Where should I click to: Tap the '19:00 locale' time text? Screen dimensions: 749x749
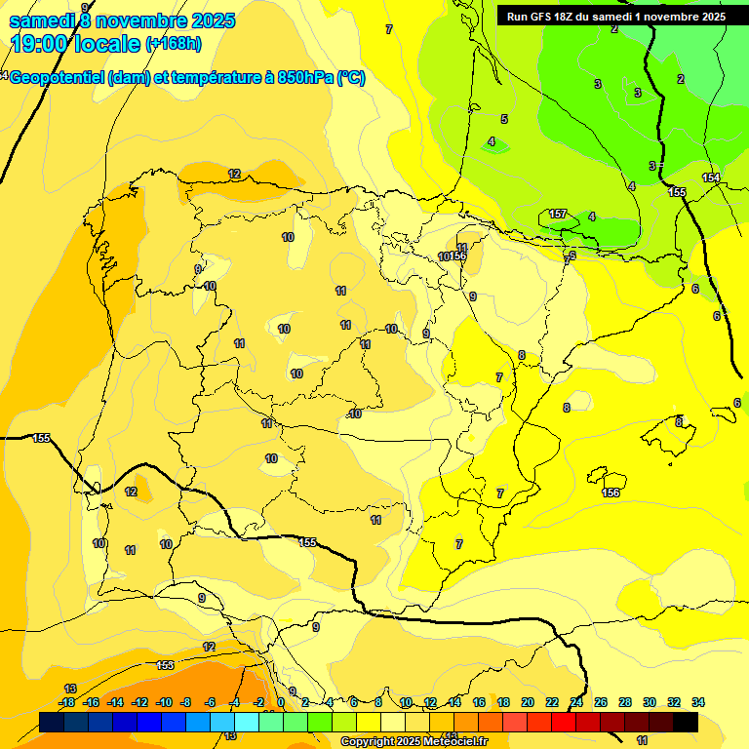75,44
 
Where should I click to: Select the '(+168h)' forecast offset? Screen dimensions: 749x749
173,44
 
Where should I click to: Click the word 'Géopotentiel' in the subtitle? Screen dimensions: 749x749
58,78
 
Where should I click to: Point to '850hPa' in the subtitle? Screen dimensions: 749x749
305,78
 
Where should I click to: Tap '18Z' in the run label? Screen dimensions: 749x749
571,17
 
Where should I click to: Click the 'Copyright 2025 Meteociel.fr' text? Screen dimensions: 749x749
414,742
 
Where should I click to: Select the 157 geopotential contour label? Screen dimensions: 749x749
558,214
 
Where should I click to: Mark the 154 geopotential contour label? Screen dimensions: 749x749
711,177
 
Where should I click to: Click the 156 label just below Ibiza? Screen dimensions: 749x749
611,493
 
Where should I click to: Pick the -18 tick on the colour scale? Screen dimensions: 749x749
67,702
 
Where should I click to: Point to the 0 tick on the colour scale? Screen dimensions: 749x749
281,702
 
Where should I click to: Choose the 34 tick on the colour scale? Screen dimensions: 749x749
698,702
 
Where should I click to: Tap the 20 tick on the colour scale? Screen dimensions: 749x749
528,702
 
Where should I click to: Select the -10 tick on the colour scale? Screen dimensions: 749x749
164,702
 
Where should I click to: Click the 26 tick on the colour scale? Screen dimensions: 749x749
601,702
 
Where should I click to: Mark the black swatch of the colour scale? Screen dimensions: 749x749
686,722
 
